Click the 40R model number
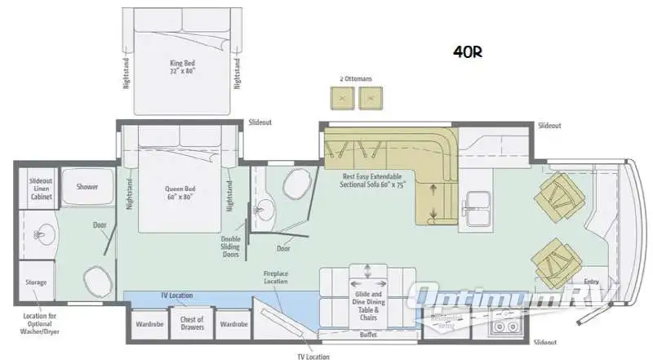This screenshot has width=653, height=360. (468, 52)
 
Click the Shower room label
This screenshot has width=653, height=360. (87, 187)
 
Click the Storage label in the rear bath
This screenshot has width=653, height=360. (37, 282)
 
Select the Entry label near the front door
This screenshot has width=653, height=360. (591, 282)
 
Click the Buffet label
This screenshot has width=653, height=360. (366, 334)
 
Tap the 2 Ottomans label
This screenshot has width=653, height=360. (356, 78)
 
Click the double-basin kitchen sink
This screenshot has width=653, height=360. (476, 207)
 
